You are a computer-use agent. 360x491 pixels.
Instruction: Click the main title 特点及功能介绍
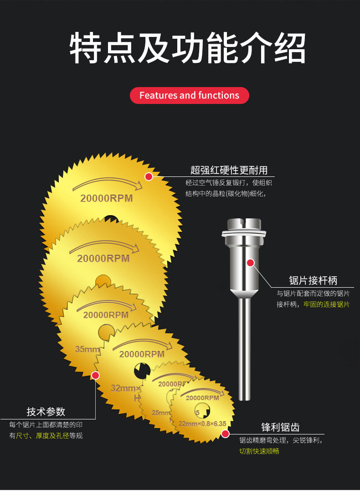click(187, 48)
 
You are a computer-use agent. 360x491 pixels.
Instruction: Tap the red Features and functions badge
click(189, 95)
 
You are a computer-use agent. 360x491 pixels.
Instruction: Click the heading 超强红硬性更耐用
click(229, 171)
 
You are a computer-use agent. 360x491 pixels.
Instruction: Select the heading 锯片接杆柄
click(313, 280)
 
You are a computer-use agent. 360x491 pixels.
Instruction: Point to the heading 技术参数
click(46, 412)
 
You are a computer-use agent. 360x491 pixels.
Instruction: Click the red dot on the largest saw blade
click(149, 176)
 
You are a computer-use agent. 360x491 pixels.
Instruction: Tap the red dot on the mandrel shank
click(250, 263)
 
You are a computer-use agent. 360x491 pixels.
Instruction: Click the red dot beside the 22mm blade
click(225, 434)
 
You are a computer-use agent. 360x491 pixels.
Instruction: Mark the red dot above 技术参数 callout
click(95, 375)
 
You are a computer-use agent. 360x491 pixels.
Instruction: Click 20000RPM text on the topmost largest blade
click(107, 198)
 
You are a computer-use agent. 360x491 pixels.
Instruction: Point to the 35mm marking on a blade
click(87, 349)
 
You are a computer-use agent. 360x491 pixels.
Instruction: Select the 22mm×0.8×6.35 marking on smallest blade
click(202, 424)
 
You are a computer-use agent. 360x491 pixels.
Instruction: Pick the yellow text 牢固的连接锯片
click(326, 304)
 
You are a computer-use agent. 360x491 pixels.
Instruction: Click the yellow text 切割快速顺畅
click(259, 451)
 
